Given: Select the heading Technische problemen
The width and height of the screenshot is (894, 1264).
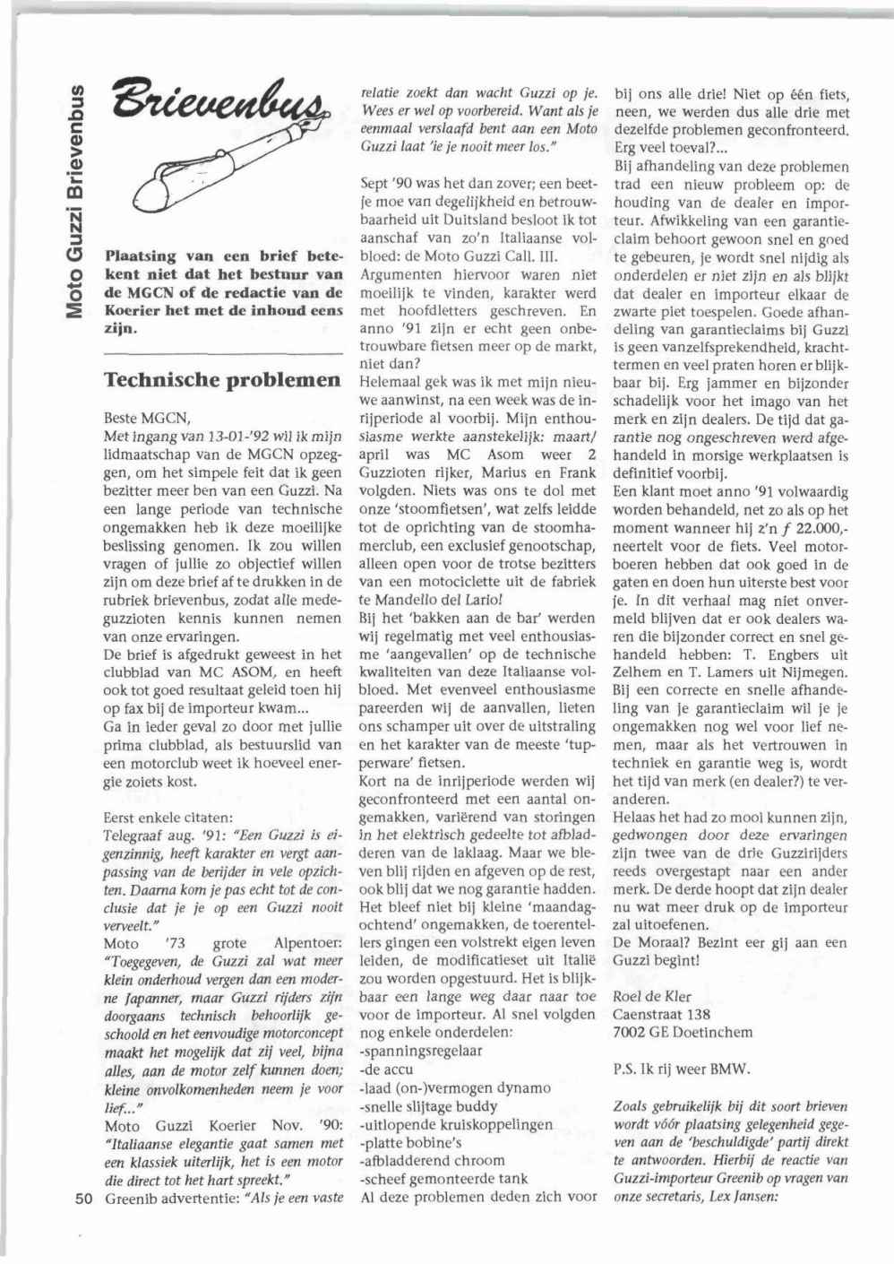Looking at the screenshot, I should point(222,379).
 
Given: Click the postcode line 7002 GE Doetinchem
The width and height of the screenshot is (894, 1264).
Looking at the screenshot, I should point(683,1033).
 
